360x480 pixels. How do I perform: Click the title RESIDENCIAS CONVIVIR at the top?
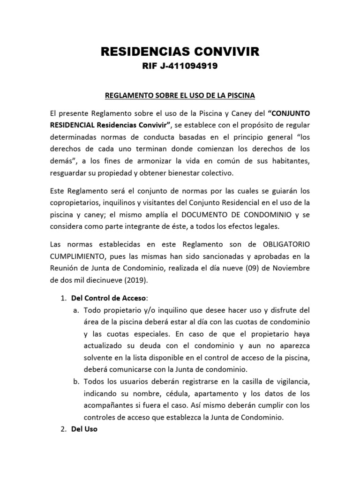tap(180, 52)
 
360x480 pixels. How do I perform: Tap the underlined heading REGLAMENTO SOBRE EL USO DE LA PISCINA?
tap(180, 96)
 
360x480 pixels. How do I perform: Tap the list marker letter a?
tap(75, 310)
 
